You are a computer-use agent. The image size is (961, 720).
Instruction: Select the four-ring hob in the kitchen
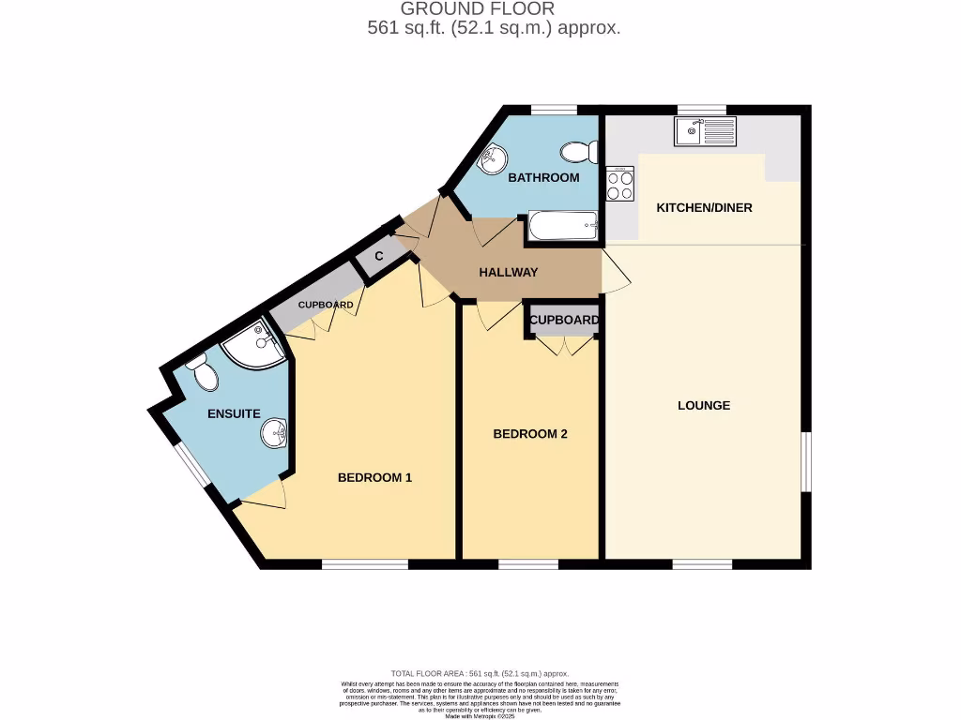coord(619,183)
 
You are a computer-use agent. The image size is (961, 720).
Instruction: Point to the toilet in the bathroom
coord(579,151)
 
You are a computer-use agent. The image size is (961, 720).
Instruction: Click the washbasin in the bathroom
coord(492,160)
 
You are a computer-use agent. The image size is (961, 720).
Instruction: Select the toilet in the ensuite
coord(203,373)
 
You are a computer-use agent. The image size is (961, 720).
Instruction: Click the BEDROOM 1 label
coord(374,477)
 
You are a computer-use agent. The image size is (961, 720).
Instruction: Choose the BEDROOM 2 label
coord(530,434)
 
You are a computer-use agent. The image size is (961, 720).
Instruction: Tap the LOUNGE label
coord(704,406)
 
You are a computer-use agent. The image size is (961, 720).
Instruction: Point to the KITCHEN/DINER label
coord(704,207)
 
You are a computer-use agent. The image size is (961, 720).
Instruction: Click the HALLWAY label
coord(509,273)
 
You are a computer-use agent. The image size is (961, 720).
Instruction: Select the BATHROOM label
coord(543,177)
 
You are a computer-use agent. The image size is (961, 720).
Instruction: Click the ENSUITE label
coord(234,413)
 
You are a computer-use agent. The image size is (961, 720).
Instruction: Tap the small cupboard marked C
coord(380,256)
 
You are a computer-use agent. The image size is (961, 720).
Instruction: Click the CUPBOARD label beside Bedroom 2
coord(563,320)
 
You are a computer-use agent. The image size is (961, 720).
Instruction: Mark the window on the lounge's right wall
coord(805,461)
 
